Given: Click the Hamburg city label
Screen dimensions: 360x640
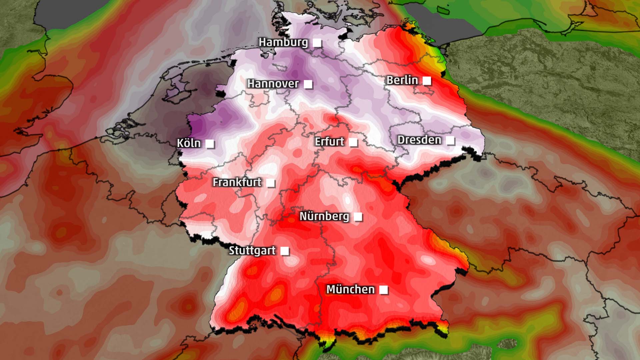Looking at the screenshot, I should point(283,42).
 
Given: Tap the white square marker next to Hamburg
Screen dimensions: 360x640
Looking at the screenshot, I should point(317,43).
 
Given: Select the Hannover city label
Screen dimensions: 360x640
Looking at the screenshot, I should point(273,83).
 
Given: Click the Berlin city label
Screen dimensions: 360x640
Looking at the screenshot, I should point(402,80).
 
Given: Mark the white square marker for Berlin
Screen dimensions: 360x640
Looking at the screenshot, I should point(426,81).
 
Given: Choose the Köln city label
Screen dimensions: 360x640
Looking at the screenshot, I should point(189,143).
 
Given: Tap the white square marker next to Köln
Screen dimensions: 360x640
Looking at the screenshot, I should point(210,144).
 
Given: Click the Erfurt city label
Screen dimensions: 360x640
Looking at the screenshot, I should point(329,142).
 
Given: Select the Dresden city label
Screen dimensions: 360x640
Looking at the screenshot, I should point(419,140).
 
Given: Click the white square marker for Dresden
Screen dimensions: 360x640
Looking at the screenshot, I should point(450,140).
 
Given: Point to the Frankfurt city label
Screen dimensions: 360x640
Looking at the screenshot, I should point(237,182).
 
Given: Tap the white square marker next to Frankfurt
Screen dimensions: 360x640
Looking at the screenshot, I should point(270,183).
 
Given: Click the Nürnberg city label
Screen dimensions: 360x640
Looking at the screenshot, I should point(324,216).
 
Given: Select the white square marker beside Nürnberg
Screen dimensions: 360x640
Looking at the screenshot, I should point(358,217).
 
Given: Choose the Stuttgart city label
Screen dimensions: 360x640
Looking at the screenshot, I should point(252,250).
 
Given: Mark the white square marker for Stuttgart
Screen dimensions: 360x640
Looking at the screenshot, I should point(284,251).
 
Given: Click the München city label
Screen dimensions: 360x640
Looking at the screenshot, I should point(350,289).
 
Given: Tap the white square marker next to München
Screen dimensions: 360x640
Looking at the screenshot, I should point(383,290).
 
